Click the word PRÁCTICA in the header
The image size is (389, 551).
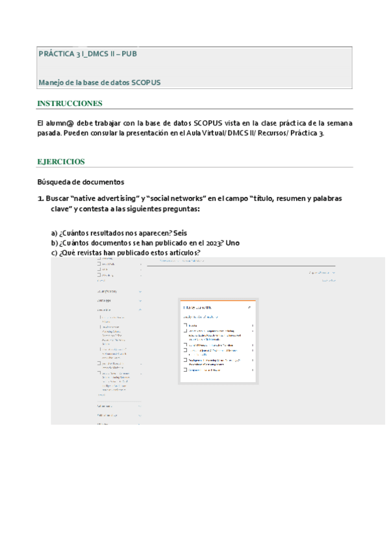pyautogui.click(x=56, y=53)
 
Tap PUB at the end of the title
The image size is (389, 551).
pyautogui.click(x=128, y=53)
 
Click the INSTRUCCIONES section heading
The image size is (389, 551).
pyautogui.click(x=69, y=104)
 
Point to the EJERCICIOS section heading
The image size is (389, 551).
pyautogui.click(x=61, y=161)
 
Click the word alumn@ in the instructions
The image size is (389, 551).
pyautogui.click(x=64, y=123)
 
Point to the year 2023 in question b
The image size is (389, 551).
pyautogui.click(x=208, y=243)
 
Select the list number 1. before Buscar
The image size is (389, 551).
pyautogui.click(x=40, y=198)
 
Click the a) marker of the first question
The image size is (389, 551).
pyautogui.click(x=55, y=233)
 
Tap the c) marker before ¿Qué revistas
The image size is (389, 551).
pyautogui.click(x=55, y=253)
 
